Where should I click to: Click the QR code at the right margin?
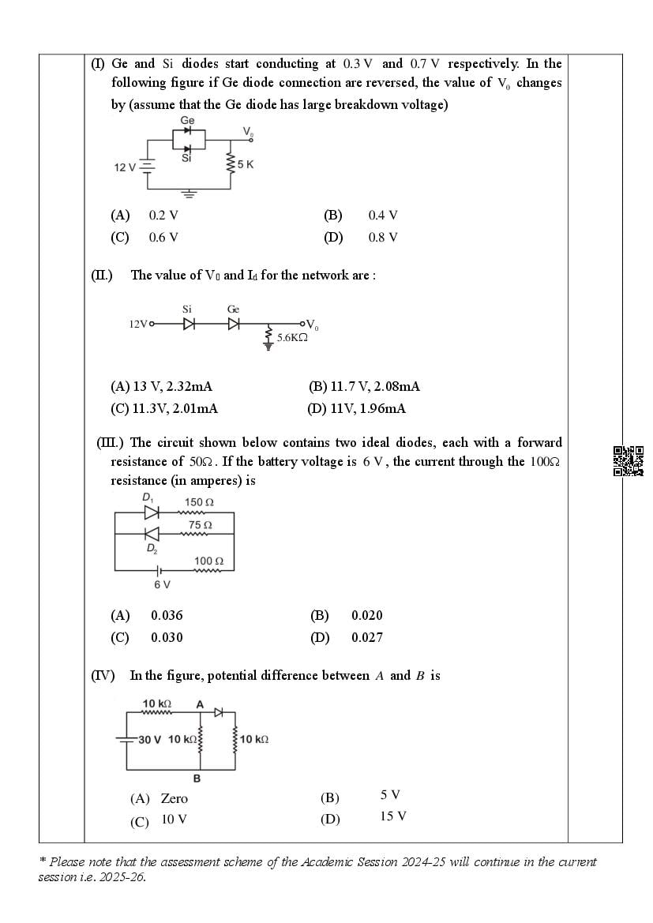click(x=628, y=461)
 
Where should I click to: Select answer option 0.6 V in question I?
click(x=163, y=238)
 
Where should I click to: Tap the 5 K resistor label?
click(x=245, y=165)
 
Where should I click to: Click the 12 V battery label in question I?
click(x=125, y=167)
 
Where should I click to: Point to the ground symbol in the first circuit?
click(x=188, y=192)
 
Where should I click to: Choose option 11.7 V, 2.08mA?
click(x=364, y=387)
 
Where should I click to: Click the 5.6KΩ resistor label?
click(x=292, y=337)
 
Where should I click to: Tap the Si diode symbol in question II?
click(x=189, y=324)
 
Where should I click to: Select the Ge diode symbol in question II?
click(x=234, y=324)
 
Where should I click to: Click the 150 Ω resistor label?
click(x=199, y=502)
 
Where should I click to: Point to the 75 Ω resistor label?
click(x=200, y=524)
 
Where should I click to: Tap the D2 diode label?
click(x=151, y=549)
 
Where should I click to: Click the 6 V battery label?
click(x=162, y=584)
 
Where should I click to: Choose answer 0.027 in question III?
click(x=366, y=638)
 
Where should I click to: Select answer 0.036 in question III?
click(x=167, y=616)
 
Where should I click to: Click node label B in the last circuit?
click(x=197, y=779)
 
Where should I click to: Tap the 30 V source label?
click(x=149, y=740)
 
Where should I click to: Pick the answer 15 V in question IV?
click(x=392, y=816)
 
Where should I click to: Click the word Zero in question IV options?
click(x=175, y=799)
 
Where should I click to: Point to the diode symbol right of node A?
click(x=219, y=712)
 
